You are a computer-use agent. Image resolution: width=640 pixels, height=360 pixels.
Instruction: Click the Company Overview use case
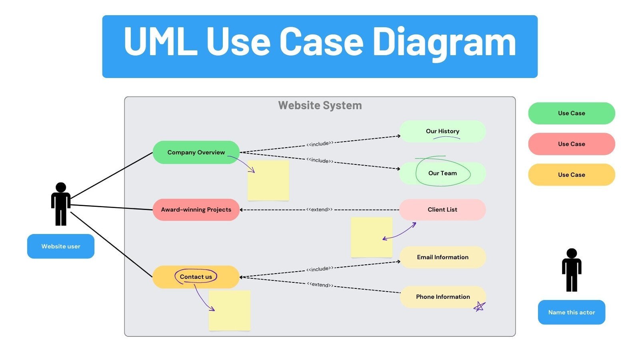point(196,152)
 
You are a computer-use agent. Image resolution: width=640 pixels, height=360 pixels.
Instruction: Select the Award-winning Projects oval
point(196,210)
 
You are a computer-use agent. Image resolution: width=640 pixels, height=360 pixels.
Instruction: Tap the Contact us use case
point(196,277)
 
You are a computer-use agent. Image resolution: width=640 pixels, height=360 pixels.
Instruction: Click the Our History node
point(442,131)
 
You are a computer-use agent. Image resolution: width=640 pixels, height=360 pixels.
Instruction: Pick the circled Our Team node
point(442,173)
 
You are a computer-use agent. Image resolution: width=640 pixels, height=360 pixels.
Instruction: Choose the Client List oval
point(442,210)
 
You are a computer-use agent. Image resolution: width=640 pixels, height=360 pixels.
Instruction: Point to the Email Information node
point(442,257)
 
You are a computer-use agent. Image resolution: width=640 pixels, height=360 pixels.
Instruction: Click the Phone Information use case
point(442,297)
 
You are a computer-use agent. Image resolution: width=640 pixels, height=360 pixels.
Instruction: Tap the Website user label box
point(61,246)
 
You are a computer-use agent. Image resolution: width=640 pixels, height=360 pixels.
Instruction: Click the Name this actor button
point(571,312)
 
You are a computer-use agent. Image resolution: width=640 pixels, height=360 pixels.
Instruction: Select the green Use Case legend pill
point(571,113)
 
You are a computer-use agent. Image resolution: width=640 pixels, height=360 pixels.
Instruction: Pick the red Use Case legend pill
point(571,144)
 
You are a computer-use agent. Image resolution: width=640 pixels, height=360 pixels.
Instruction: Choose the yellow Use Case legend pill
point(571,175)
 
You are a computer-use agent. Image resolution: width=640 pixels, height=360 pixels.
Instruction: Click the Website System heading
point(320,106)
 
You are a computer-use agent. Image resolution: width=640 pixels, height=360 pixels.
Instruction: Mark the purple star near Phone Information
point(479,307)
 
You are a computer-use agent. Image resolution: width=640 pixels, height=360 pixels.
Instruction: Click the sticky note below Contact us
point(230,311)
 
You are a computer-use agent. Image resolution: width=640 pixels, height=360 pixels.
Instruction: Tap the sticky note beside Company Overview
point(268,181)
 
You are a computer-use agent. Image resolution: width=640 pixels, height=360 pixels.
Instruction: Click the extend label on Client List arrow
point(319,210)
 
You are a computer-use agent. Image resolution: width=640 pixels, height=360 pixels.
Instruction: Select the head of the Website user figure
point(61,188)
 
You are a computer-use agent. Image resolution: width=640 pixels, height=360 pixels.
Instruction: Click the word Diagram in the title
point(444,42)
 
